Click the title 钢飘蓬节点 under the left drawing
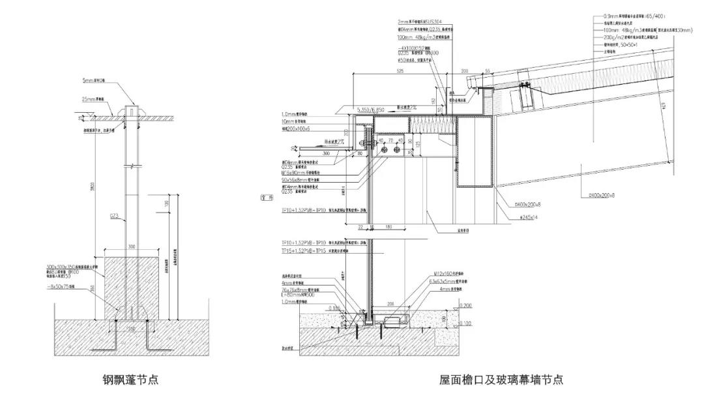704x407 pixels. tap(130, 378)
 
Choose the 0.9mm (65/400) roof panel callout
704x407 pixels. tap(636, 16)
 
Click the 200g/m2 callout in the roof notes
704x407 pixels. tap(629, 37)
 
